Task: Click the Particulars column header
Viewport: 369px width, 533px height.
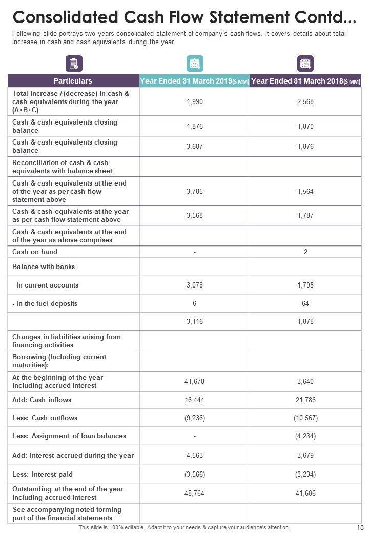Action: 73,81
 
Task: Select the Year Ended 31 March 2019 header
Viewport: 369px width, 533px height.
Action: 194,81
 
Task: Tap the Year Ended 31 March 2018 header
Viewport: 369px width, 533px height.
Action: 305,81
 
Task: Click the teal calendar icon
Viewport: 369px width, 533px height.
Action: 195,64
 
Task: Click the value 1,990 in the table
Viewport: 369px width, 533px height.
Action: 195,102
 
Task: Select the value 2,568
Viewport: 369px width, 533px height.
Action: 305,102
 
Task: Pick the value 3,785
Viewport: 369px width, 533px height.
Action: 195,191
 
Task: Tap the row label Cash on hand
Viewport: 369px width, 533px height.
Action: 35,252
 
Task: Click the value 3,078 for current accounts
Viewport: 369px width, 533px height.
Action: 195,285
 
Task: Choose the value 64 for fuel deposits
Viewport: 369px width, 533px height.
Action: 305,303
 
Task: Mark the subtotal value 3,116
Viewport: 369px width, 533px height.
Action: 195,322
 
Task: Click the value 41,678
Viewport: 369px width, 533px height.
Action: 195,381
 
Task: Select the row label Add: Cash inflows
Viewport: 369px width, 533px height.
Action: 42,400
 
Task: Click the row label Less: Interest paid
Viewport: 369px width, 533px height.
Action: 43,474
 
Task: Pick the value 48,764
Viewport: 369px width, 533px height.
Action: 195,494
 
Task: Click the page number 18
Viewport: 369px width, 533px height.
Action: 359,527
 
